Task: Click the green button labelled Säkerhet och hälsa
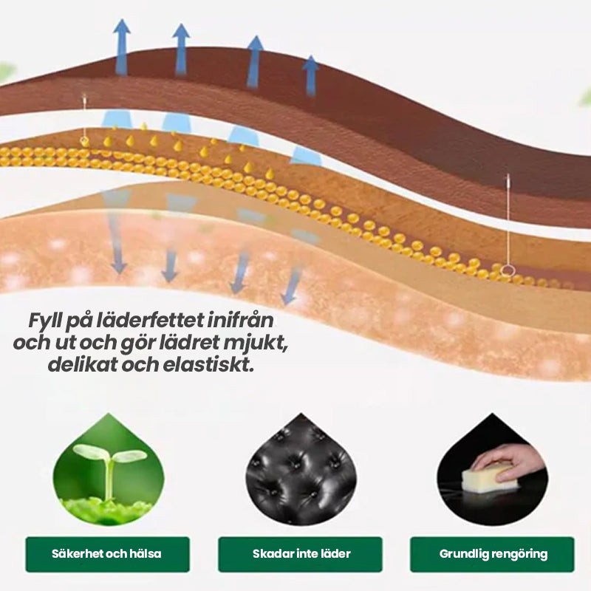pos(107,554)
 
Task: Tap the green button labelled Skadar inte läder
pos(300,554)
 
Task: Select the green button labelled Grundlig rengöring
pos(492,554)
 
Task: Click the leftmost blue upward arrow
pos(121,46)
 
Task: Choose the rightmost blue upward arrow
pos(311,74)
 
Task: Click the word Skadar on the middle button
pos(270,554)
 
